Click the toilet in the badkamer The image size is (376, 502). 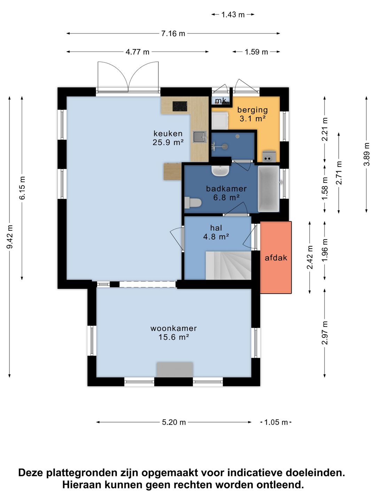pos(193,203)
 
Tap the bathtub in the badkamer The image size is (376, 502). pos(269,189)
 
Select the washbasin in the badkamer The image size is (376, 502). pos(220,171)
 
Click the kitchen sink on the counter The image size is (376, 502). pos(199,137)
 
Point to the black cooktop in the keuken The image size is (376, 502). pos(180,106)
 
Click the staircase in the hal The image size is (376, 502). pos(228,265)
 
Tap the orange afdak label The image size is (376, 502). pos(276,258)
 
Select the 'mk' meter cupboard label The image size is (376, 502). pos(220,100)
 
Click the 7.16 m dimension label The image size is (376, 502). pos(173,33)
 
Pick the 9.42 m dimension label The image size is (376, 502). pos(10,237)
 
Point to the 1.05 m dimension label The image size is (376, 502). pos(276,422)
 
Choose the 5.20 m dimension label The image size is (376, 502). pos(174,422)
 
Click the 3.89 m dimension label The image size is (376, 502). pos(367,154)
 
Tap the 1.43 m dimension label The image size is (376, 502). pos(233,15)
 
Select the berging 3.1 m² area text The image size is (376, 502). pos(252,114)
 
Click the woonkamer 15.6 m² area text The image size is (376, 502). pos(173,333)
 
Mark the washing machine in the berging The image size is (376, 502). pos(220,121)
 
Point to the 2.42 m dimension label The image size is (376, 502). pos(310,257)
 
